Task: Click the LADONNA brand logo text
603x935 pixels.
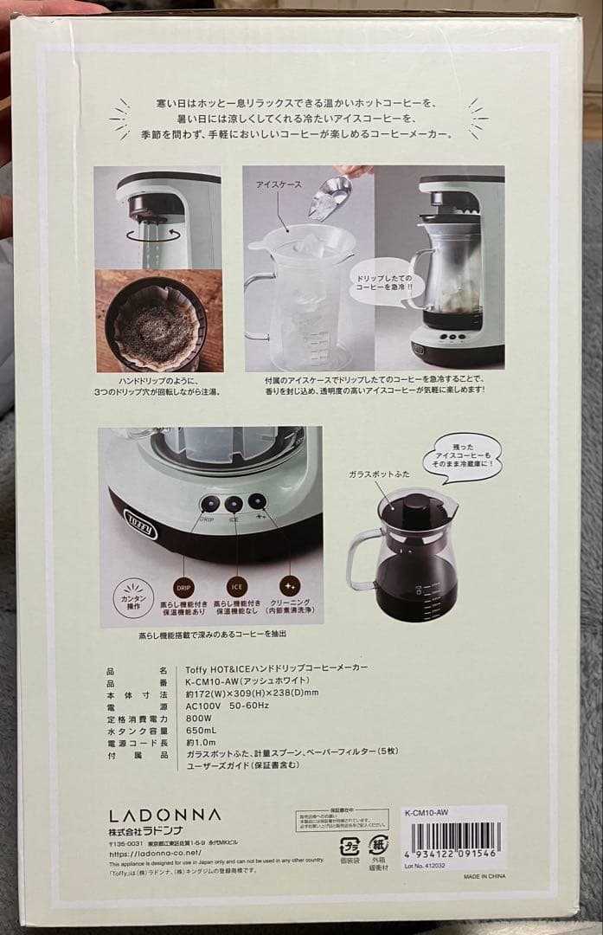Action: click(164, 815)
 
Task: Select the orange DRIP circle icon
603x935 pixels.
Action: click(184, 587)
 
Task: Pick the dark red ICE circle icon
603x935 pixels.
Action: click(238, 587)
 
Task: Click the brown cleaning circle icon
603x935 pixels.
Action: click(291, 587)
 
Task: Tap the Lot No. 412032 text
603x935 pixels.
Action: click(428, 866)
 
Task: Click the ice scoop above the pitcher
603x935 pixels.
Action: click(330, 197)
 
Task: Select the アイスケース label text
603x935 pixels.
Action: click(275, 185)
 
